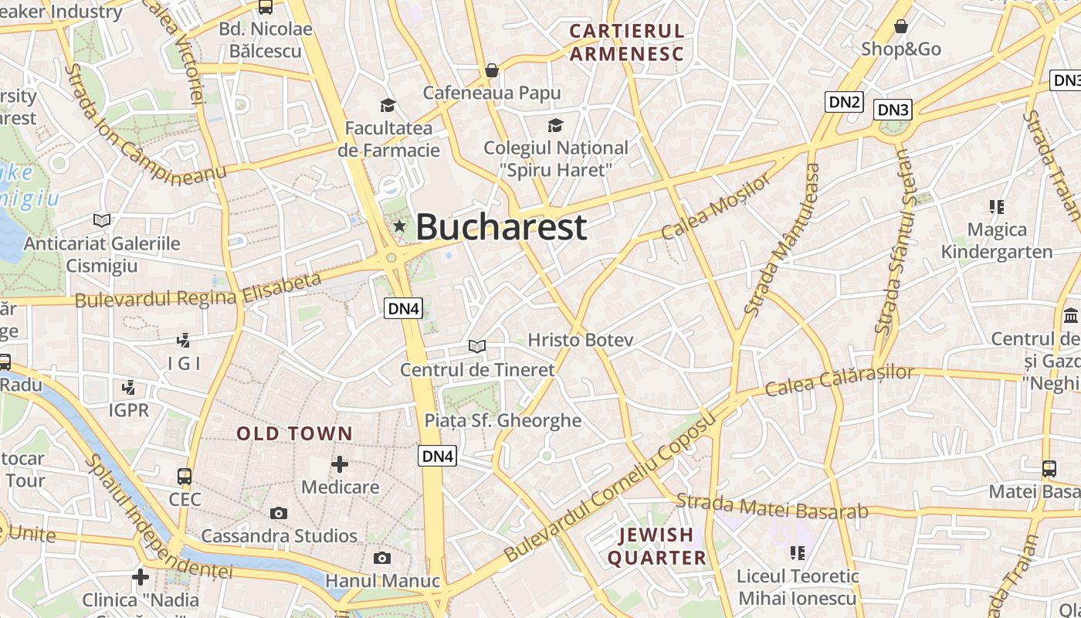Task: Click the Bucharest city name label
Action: tap(501, 227)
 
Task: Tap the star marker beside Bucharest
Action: tap(399, 226)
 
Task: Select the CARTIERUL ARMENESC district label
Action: tap(627, 42)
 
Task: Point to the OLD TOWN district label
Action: tap(294, 434)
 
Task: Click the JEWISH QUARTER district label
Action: tap(656, 546)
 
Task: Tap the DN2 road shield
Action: tap(843, 102)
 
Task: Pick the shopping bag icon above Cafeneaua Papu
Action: tap(492, 71)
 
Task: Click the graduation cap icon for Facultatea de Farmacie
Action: tap(388, 105)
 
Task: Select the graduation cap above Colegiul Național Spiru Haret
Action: tap(555, 125)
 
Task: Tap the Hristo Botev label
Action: tap(580, 340)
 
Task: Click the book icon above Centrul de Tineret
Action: tap(478, 346)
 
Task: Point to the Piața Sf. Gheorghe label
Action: tap(503, 421)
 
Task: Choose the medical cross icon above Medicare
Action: tap(340, 464)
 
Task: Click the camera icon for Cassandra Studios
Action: tap(279, 513)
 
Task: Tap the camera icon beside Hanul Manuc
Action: tap(381, 558)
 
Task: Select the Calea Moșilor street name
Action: tap(716, 207)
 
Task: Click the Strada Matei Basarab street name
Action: tap(772, 507)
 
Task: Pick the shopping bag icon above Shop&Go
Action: tap(901, 27)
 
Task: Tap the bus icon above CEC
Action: tap(185, 476)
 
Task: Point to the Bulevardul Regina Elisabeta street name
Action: tap(198, 292)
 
